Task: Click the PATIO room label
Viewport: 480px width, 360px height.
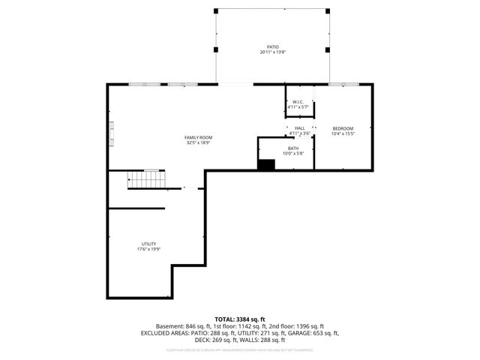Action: (x=273, y=46)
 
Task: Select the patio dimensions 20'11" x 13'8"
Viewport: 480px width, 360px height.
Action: (x=273, y=52)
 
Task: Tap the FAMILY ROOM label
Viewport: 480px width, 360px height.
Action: (x=199, y=137)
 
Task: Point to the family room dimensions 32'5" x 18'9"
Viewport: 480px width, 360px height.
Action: (x=199, y=143)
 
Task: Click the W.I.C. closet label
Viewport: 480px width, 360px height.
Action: (x=298, y=101)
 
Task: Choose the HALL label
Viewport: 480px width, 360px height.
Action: (x=299, y=128)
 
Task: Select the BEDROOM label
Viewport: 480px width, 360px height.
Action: (x=343, y=128)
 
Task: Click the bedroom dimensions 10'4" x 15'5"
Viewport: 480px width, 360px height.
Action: (x=343, y=134)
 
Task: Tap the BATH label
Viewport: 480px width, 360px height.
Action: (x=292, y=148)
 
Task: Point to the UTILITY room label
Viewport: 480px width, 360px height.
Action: (x=149, y=244)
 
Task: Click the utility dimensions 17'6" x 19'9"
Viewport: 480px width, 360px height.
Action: (x=149, y=250)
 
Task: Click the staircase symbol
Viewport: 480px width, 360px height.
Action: (x=144, y=179)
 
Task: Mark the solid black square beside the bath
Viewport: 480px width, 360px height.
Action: (x=266, y=165)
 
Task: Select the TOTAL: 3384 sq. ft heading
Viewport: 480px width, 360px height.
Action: (x=240, y=319)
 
